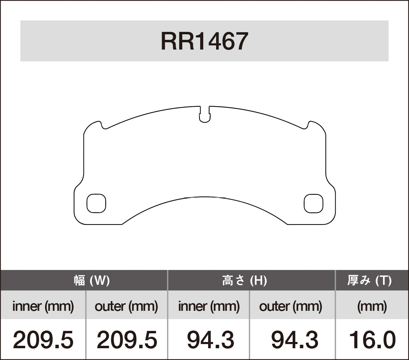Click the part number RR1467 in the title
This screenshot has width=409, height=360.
(x=204, y=41)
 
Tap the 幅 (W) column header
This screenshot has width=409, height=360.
(x=91, y=280)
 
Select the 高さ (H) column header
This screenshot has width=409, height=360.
(x=244, y=280)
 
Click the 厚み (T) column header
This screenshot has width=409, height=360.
(x=369, y=280)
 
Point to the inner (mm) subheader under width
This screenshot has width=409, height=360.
(x=43, y=306)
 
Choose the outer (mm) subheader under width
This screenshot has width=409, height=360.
(x=126, y=306)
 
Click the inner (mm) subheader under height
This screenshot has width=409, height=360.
(x=209, y=306)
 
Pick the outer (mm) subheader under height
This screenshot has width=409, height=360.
(x=291, y=306)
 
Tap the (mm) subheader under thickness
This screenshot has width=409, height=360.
(x=372, y=306)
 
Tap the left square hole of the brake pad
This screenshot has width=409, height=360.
(x=96, y=203)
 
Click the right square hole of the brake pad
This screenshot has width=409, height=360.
(x=313, y=203)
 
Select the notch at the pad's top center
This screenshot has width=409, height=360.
(x=205, y=115)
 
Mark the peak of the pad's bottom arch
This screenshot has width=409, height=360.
(x=205, y=197)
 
